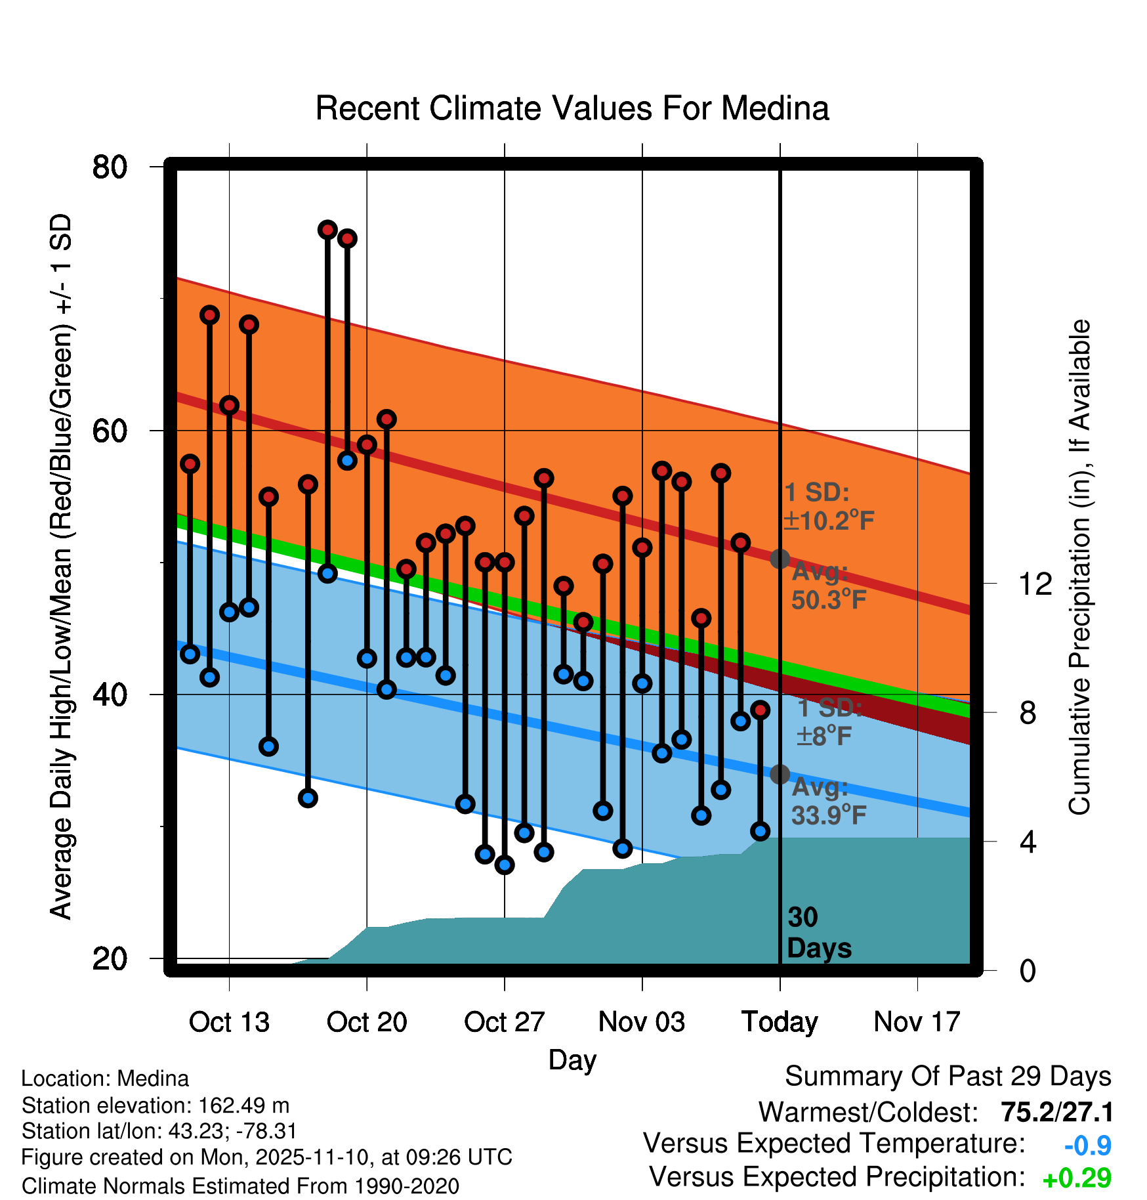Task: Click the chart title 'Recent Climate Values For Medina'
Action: tap(572, 108)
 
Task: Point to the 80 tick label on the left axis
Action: tap(110, 167)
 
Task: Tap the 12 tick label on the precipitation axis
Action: tap(1035, 584)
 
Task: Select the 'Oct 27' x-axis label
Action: tap(504, 1022)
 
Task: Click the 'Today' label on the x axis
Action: tap(780, 1022)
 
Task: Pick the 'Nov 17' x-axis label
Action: tap(917, 1022)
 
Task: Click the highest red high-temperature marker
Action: tap(327, 230)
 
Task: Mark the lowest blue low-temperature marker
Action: tap(505, 865)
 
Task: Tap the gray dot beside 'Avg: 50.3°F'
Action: tap(780, 559)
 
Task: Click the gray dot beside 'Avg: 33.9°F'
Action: tap(780, 775)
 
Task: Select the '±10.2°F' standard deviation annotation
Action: tap(829, 521)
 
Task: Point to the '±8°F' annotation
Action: tap(824, 737)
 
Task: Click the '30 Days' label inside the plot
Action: tap(818, 933)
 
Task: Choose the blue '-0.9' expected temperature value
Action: tap(1087, 1146)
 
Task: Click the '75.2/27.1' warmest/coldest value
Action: tap(1056, 1112)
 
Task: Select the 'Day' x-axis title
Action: tap(572, 1060)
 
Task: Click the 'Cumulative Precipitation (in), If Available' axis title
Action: tap(1079, 567)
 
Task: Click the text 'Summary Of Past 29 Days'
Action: tap(948, 1077)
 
